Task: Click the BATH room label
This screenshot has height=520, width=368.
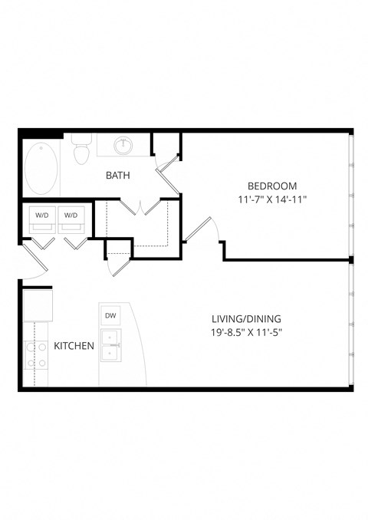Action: click(117, 175)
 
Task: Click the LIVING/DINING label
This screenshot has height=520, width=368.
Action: click(246, 318)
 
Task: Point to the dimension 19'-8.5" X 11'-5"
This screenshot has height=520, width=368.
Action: click(246, 334)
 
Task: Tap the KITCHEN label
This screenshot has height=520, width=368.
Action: click(74, 346)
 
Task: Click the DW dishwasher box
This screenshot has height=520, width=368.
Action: click(110, 315)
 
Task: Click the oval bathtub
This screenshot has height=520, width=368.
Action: click(41, 169)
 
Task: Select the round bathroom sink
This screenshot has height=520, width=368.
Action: click(123, 146)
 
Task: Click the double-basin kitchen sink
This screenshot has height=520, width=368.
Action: click(111, 345)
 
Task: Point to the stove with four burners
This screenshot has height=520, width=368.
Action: click(35, 355)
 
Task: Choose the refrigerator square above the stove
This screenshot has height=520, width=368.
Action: click(37, 305)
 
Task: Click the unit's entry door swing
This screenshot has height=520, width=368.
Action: click(32, 265)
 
